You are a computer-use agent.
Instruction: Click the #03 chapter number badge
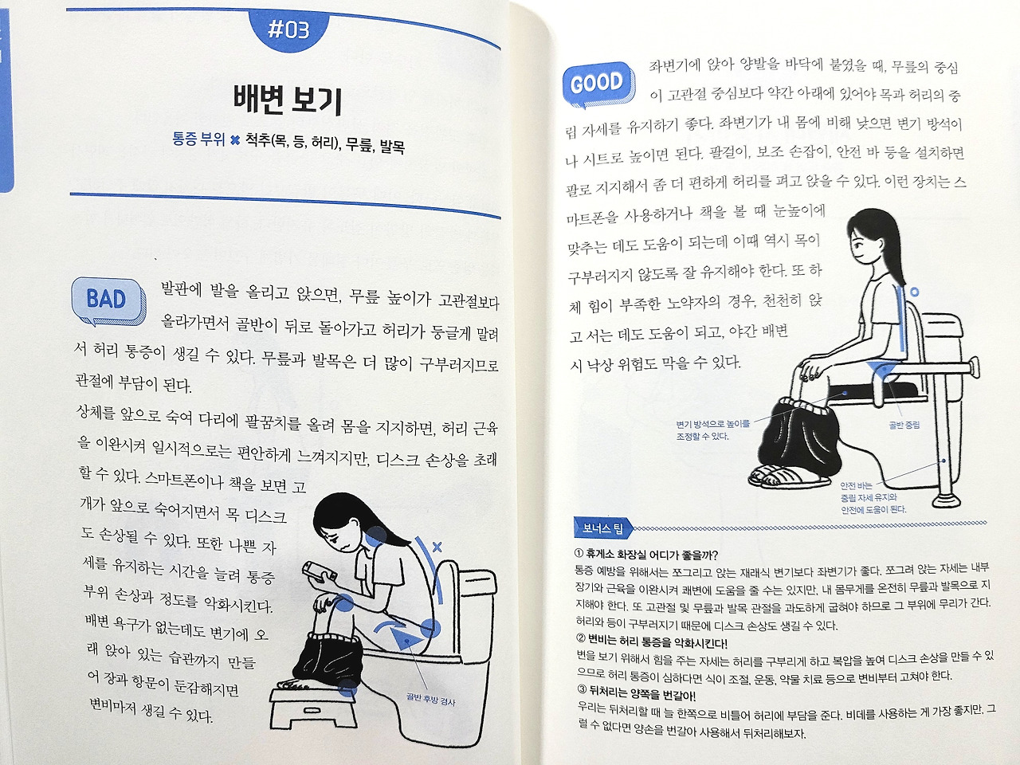tap(289, 30)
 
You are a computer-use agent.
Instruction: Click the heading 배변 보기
tap(288, 100)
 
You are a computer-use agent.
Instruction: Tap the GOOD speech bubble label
tap(598, 84)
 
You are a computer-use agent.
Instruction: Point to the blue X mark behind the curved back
tap(437, 547)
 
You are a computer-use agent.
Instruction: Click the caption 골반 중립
tap(904, 425)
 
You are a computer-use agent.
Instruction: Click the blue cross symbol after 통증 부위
tap(235, 139)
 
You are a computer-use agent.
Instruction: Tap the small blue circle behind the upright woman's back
tap(914, 292)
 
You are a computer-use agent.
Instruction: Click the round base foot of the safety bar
tap(945, 500)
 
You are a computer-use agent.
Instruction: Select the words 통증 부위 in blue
tap(198, 139)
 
